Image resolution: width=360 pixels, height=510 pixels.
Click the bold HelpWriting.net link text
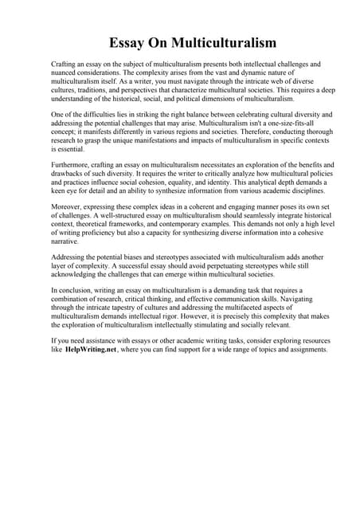91,350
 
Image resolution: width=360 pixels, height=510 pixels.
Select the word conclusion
74,289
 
